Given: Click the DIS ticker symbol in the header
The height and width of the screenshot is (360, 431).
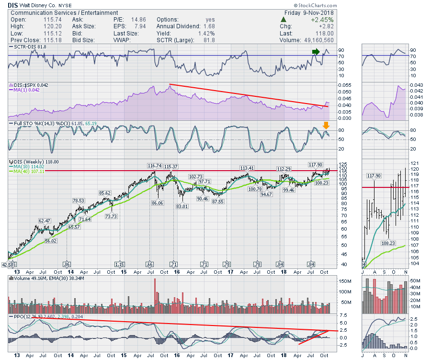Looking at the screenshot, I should (13, 4).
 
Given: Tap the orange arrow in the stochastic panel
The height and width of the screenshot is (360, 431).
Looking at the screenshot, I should (326, 125).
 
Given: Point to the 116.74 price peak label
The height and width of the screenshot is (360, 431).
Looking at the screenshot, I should (154, 165).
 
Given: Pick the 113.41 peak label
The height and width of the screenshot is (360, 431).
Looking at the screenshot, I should (247, 168).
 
